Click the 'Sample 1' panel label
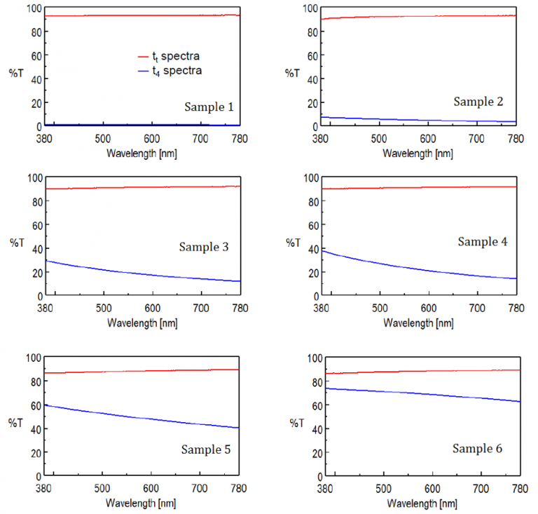coord(208,107)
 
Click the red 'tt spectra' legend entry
coord(172,55)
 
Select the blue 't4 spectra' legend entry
coord(172,70)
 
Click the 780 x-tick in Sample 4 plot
coord(516,308)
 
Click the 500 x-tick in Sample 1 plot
coord(103,138)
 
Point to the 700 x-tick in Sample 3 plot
coord(200,308)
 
